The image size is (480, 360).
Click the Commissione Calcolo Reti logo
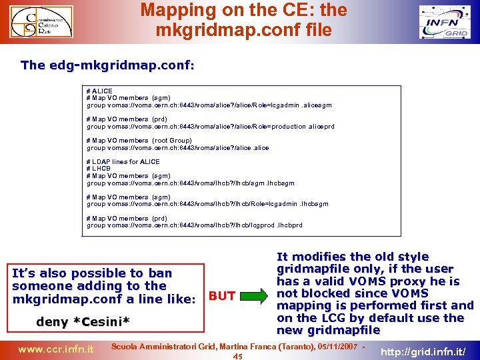coord(46,23)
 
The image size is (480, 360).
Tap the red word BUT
coord(222,296)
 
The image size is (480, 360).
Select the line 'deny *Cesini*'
coord(83,322)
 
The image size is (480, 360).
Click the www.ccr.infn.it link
coord(55,348)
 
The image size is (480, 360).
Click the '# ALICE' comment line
coord(100,91)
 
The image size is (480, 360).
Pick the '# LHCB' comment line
coord(99,169)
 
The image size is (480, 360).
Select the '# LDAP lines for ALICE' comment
coord(123,161)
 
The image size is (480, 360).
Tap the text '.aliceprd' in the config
coord(321,127)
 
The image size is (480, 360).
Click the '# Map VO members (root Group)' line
coord(139,141)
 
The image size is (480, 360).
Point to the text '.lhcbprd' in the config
coord(289,225)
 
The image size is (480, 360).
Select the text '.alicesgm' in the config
coord(317,105)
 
